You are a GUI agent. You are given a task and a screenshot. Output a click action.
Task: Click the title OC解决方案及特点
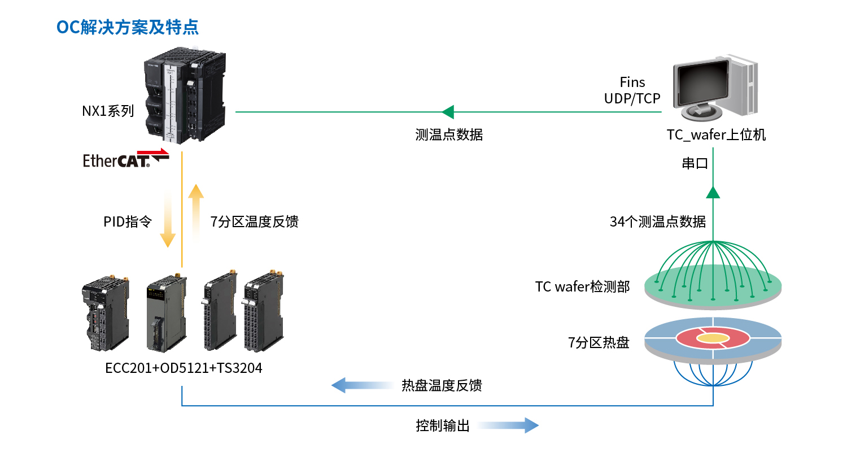tap(128, 27)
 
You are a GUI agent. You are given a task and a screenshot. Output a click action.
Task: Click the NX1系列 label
tap(108, 111)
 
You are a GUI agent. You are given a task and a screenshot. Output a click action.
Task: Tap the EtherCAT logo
tap(125, 159)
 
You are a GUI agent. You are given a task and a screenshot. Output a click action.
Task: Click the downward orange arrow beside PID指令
tap(168, 220)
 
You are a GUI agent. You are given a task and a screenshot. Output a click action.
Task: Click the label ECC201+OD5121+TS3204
tap(184, 368)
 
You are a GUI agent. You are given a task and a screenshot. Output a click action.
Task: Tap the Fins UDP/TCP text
tap(632, 90)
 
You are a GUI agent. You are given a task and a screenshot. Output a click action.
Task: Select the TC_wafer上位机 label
tap(716, 135)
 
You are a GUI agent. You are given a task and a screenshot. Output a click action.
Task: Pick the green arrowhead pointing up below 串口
tap(714, 192)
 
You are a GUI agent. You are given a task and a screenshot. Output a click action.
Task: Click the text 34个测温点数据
tap(658, 222)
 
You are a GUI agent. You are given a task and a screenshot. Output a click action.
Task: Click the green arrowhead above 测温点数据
tap(448, 111)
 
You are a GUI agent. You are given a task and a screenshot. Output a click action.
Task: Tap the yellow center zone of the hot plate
tap(714, 338)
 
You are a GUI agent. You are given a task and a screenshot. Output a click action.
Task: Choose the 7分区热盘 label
tap(599, 342)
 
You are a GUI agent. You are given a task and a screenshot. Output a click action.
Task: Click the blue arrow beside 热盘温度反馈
tap(361, 386)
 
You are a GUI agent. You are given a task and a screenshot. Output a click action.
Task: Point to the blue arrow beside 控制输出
tap(508, 425)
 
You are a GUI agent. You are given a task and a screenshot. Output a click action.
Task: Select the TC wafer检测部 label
tap(582, 287)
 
